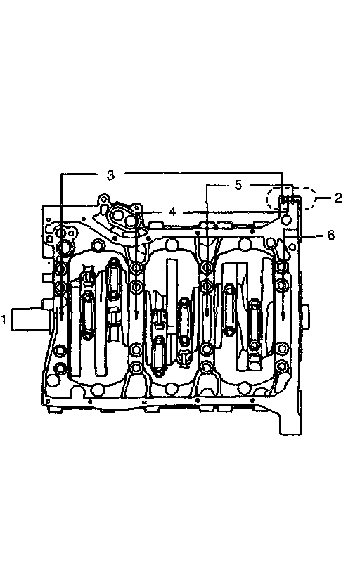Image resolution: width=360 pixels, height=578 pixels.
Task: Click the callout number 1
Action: (4, 319)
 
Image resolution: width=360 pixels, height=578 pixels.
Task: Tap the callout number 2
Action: (338, 198)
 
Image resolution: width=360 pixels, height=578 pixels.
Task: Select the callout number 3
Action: (110, 174)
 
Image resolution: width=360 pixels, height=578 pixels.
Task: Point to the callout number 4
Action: (172, 212)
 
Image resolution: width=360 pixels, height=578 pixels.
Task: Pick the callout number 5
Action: (238, 185)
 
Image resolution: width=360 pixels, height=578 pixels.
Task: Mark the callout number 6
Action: (331, 234)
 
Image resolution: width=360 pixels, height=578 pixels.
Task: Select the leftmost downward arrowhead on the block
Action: (61, 316)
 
